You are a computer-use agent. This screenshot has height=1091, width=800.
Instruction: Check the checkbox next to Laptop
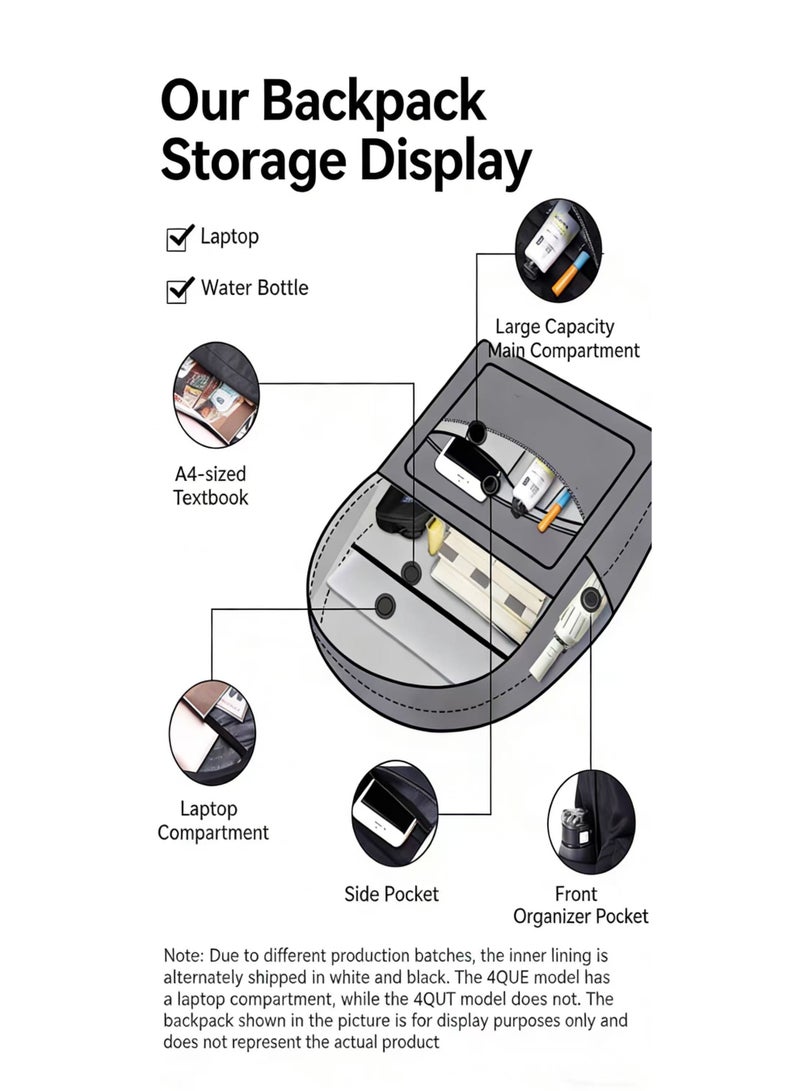point(178,238)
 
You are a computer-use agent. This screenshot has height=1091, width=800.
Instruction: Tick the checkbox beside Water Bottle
point(178,290)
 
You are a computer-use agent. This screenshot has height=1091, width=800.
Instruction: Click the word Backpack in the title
point(374,102)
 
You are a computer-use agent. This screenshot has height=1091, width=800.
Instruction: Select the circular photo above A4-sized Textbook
point(216,395)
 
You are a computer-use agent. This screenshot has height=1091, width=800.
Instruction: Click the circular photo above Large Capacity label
point(559,250)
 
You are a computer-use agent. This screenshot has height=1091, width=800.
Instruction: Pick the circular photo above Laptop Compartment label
point(212,733)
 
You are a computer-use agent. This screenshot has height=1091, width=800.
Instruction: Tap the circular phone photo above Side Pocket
point(394,813)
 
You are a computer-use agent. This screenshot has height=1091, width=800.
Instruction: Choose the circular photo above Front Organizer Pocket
point(591,822)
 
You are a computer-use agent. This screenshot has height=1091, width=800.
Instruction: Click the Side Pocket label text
point(392,894)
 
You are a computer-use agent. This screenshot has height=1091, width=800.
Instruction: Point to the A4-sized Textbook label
point(210,486)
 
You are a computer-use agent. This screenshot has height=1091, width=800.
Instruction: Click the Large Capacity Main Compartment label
point(563,339)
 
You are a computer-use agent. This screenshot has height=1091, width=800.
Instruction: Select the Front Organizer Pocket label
point(580,905)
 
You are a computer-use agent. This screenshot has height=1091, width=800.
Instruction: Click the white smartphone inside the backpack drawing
point(463,468)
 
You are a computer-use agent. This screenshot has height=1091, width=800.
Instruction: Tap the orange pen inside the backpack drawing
point(554,511)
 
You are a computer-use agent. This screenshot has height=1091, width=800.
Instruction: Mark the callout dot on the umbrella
point(591,599)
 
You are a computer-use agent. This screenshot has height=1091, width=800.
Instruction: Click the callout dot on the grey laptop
point(385,605)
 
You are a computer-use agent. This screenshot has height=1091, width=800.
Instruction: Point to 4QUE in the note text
point(502,977)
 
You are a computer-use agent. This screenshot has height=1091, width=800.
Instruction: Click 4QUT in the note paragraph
point(435,999)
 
